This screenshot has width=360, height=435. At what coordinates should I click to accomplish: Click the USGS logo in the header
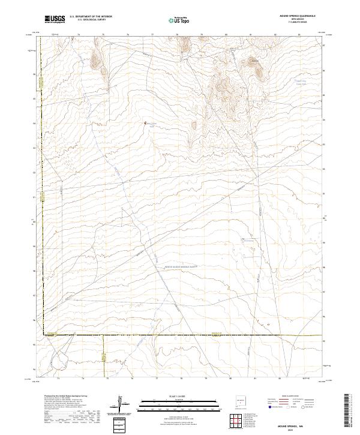click(x=55, y=19)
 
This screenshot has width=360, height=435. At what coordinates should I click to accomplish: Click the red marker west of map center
click(x=145, y=124)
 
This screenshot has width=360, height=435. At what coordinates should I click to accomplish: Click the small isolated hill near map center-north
click(x=194, y=125)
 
